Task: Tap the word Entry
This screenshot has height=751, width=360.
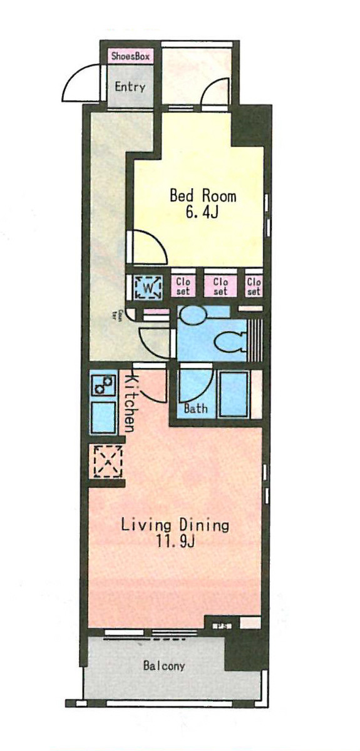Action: [x=130, y=87]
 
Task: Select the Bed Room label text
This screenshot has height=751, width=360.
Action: [x=203, y=196]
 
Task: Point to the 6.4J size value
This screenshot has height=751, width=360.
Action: [x=202, y=214]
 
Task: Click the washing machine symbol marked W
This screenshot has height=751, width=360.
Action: [x=148, y=287]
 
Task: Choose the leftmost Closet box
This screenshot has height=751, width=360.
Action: [x=183, y=286]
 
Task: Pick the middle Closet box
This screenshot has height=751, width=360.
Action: [x=220, y=286]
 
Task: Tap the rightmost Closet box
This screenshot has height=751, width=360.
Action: [x=254, y=286]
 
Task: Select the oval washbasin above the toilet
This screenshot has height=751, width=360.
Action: [x=192, y=315]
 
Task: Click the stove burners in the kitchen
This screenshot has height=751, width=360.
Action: [x=103, y=385]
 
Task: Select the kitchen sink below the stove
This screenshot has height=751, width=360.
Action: [x=103, y=417]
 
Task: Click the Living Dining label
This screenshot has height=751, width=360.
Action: [x=175, y=524]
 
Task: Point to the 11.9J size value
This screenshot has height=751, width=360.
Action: [x=175, y=541]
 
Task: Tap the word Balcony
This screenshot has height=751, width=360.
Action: [x=163, y=666]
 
